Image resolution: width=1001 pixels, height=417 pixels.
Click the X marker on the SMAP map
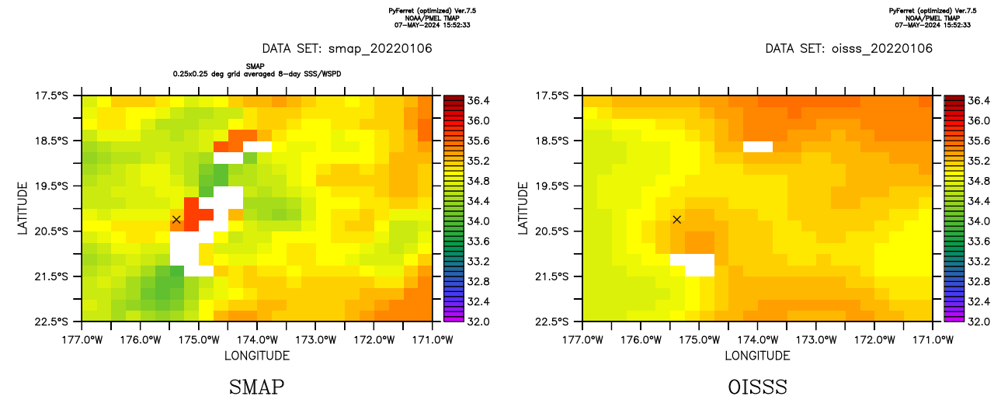[176, 220]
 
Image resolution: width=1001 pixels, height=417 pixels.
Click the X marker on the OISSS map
[677, 220]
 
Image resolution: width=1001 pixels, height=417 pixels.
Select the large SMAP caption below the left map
[256, 387]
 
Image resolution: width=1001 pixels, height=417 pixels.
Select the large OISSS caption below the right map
[757, 387]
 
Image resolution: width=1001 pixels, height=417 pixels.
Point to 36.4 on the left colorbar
[478, 101]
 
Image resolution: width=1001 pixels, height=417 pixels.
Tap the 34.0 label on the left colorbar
[478, 221]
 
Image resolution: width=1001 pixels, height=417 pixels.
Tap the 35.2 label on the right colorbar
[979, 161]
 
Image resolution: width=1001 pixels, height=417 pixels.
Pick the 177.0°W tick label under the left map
[82, 339]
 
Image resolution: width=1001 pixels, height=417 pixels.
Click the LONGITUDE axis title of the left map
[256, 356]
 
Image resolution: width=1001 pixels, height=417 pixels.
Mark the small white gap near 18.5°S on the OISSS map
[758, 146]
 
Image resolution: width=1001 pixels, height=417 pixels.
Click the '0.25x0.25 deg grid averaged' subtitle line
[257, 73]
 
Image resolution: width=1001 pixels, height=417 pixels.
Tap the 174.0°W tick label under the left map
[257, 339]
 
